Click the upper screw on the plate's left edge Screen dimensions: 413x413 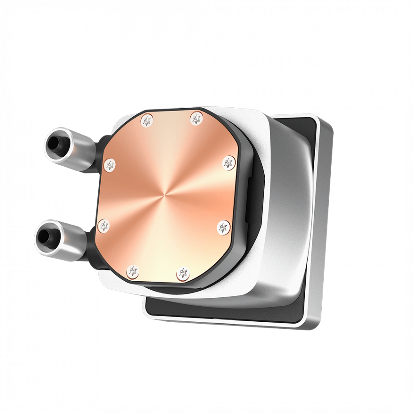click(x=110, y=165)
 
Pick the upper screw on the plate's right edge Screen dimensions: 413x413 click(x=228, y=162)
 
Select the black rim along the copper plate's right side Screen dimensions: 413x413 click(x=240, y=194)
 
